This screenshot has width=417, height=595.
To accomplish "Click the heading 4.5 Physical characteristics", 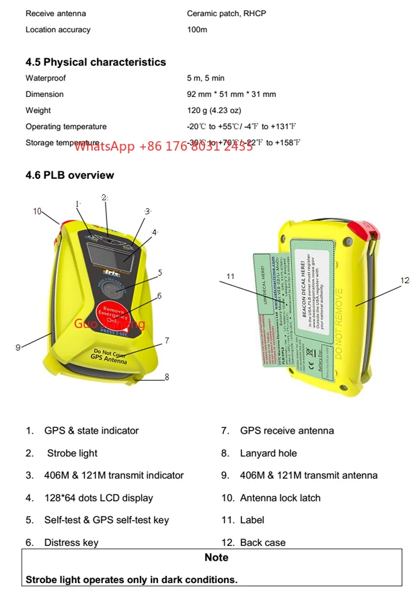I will pos(96,62).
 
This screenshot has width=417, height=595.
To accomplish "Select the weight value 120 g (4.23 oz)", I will pos(213,110).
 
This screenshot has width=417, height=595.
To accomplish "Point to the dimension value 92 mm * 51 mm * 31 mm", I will pos(231,94).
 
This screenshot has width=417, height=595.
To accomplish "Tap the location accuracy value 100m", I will pos(196,30).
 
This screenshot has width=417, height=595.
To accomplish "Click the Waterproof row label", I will pos(46,78).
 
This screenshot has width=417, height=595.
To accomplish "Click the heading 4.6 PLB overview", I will pos(70,175).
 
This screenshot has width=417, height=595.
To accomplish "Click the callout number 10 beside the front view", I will pos(38,211).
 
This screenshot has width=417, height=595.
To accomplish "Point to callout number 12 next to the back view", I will pos(404,280).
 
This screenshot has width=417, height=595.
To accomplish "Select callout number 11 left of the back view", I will pos(231,276).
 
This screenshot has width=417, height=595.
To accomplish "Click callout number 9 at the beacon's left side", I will pos(18,347).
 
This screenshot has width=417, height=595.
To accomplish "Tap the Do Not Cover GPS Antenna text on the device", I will pos(109,356).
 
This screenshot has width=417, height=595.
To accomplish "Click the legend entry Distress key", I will pos(71,543).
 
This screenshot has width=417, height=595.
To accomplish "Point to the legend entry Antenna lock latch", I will pos(280,498).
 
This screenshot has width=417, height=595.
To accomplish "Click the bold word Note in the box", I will pos(216,557).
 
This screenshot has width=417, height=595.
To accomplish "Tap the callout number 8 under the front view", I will pos(167,377).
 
